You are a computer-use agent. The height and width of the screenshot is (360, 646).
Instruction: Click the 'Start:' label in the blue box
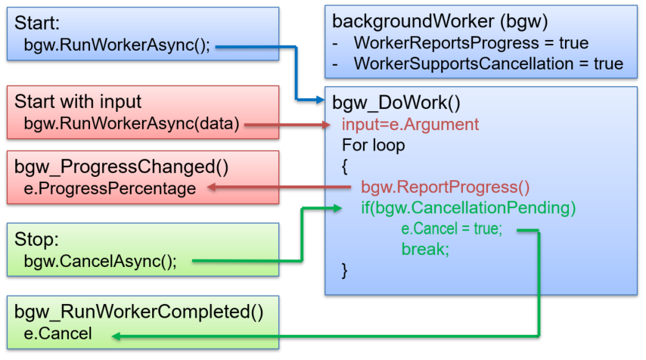pyautogui.click(x=36, y=23)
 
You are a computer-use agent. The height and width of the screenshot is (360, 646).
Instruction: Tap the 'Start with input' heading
pyautogui.click(x=78, y=102)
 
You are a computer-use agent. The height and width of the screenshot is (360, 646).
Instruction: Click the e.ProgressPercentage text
pyautogui.click(x=110, y=189)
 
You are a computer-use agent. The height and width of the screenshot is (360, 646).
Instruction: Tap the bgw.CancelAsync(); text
pyautogui.click(x=100, y=262)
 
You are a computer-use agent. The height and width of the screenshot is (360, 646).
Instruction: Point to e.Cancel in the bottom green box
pyautogui.click(x=57, y=334)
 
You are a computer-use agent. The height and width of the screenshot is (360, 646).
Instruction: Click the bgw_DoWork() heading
pyautogui.click(x=396, y=102)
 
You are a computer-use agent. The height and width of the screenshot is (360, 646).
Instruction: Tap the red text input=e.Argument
pyautogui.click(x=410, y=123)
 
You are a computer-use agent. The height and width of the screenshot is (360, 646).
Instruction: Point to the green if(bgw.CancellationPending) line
pyautogui.click(x=468, y=207)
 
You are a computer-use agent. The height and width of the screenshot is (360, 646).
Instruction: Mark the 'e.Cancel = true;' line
pyautogui.click(x=451, y=228)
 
